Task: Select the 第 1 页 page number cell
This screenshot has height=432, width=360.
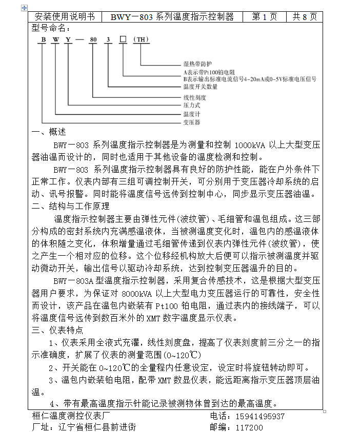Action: tap(265, 16)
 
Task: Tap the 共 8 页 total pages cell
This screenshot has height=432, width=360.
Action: tap(305, 16)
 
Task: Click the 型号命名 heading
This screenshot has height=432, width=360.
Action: tap(51, 28)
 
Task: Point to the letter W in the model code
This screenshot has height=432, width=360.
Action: tap(55, 39)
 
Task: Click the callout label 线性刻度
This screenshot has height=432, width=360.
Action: tap(195, 97)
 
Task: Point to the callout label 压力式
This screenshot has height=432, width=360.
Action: tap(192, 105)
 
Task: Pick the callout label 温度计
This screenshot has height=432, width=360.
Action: tap(192, 114)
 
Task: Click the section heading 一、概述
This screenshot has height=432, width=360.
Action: tap(49, 132)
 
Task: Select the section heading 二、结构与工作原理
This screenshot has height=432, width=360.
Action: tap(71, 207)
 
